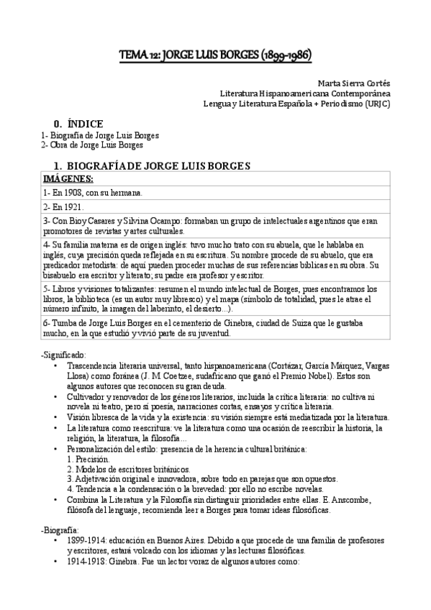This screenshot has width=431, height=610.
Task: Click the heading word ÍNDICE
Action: pos(85,124)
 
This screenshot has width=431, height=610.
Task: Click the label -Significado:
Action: pos(65,355)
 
